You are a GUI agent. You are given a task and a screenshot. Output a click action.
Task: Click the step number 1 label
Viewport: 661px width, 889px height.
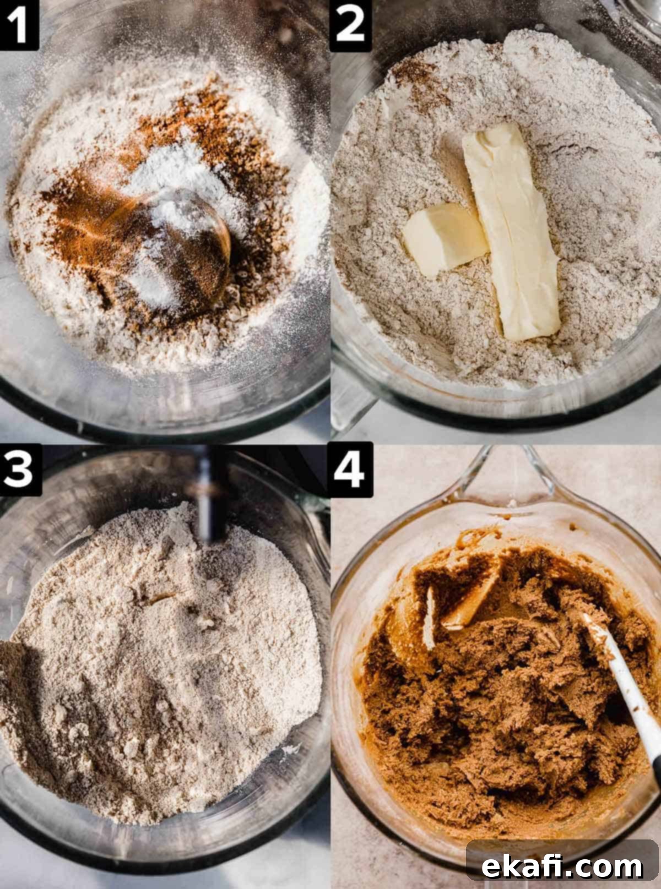[x=19, y=25]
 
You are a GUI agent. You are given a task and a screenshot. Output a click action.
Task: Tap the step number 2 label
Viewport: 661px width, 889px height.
[x=350, y=25]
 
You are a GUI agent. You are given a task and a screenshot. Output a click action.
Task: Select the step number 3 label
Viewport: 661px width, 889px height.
[x=20, y=470]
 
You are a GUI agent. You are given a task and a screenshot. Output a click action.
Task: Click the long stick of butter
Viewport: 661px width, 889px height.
[x=510, y=232]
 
